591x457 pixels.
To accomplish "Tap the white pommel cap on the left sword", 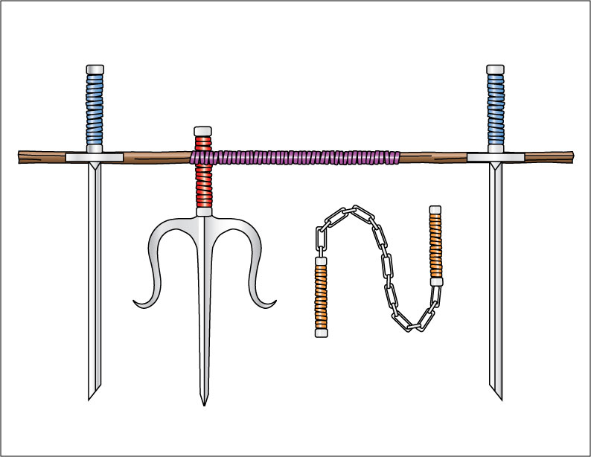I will tap(94, 69).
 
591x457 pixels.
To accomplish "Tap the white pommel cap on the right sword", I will tap(495, 69).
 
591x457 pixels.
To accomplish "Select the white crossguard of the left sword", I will tap(94, 157).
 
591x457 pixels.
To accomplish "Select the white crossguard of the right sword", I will tap(495, 157).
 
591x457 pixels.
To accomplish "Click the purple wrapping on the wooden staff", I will tap(298, 157).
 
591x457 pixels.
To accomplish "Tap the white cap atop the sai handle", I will tap(204, 131).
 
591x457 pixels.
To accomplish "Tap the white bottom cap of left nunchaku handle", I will tap(321, 332).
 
